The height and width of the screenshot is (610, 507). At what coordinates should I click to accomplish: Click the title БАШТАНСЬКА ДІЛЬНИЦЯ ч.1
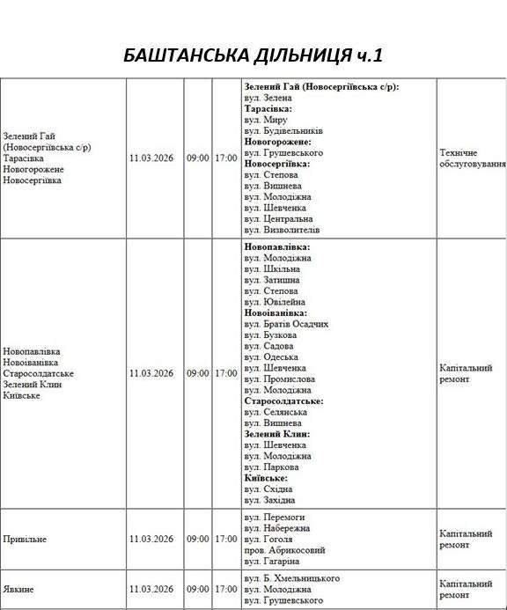253,56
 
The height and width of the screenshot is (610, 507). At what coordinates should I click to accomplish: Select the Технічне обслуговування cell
472,158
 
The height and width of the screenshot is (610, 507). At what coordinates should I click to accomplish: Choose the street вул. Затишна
273,279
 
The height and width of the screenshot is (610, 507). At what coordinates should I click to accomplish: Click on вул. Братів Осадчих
287,324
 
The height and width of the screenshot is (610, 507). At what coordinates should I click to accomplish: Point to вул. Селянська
276,412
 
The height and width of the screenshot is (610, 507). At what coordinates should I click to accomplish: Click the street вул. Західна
270,500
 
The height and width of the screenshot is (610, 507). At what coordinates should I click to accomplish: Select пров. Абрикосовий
283,550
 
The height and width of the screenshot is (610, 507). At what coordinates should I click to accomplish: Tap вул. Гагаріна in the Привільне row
273,561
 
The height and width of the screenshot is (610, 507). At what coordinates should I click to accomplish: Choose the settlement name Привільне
26,539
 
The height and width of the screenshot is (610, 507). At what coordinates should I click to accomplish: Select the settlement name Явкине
20,589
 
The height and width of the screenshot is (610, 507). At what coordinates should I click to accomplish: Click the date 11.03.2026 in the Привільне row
152,539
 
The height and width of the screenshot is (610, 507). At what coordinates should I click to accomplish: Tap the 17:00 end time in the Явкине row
226,589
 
